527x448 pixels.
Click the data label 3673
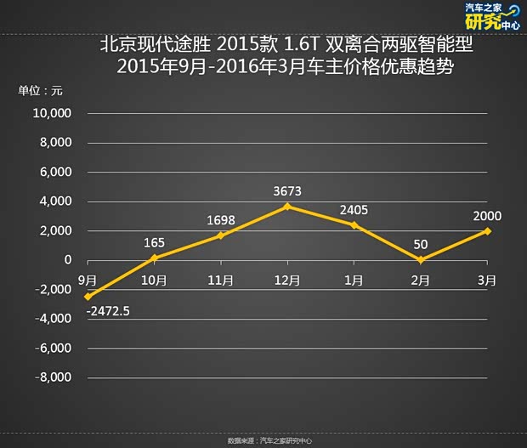click(288, 191)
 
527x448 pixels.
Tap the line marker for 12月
click(288, 207)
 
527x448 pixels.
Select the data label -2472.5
click(107, 312)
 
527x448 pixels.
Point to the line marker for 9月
click(87, 297)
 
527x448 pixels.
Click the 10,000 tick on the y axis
click(52, 113)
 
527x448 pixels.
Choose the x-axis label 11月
click(220, 280)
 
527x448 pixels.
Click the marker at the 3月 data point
click(489, 231)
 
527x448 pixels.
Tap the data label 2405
click(354, 210)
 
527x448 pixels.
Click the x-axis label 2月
click(422, 280)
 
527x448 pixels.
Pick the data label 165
click(154, 242)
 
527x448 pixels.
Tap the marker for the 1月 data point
click(354, 225)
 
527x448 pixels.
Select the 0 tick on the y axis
click(68, 260)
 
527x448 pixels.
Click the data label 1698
click(220, 220)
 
